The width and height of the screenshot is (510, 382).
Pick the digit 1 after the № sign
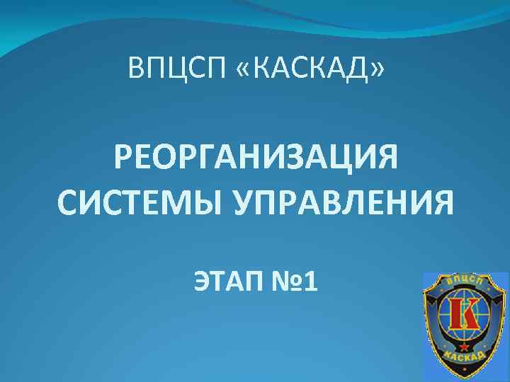pyautogui.click(x=310, y=283)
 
